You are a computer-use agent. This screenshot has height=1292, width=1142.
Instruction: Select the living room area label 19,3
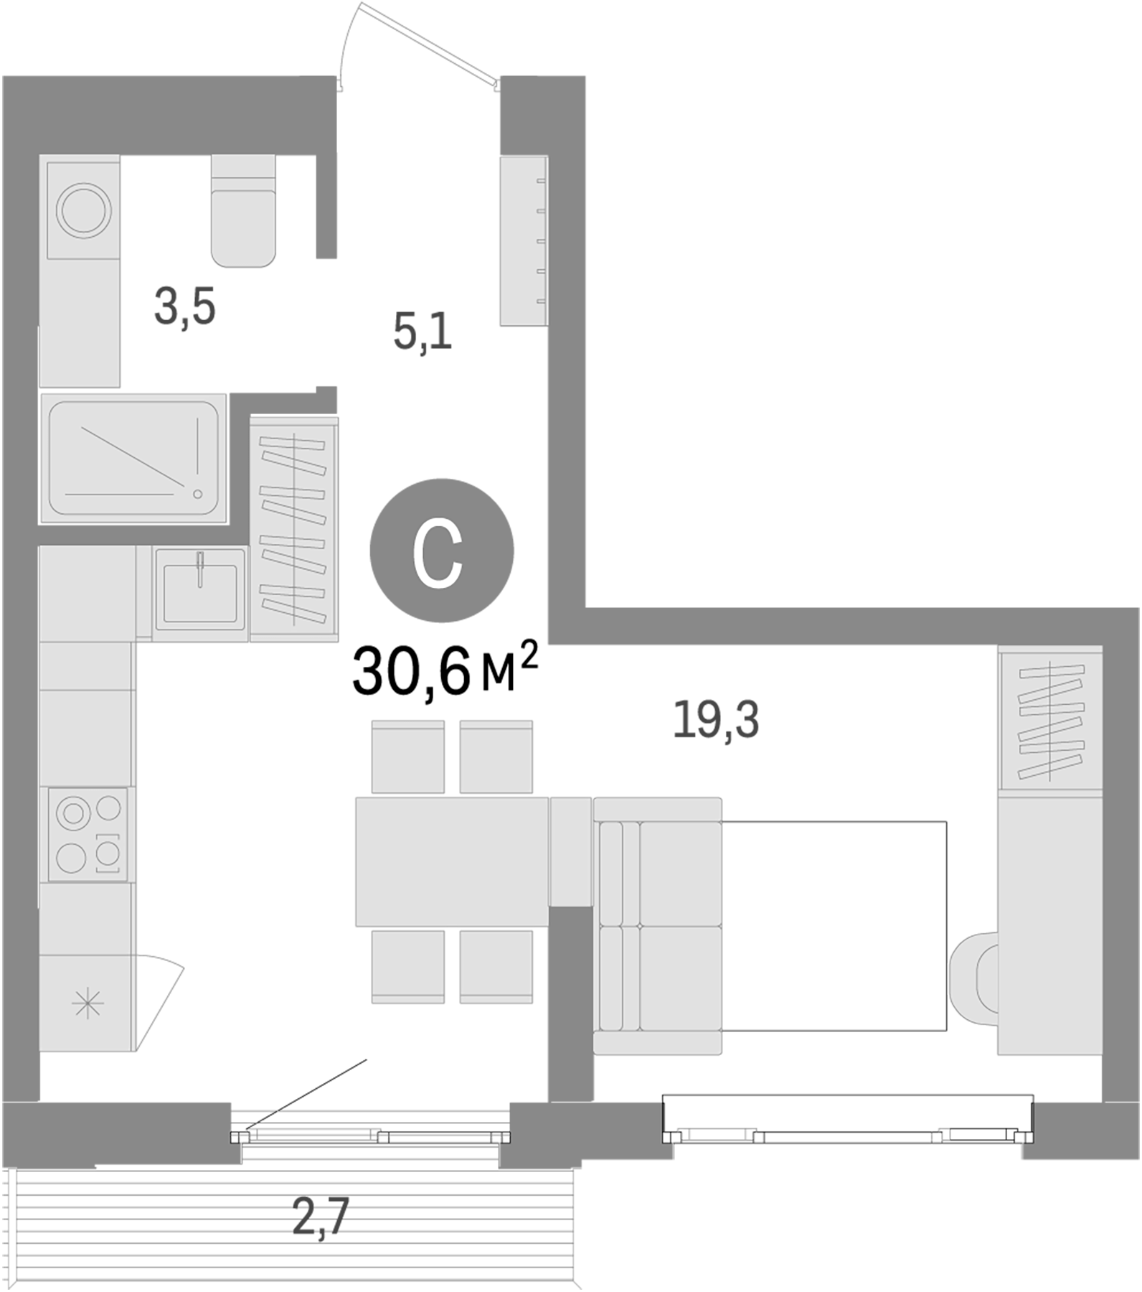point(715,720)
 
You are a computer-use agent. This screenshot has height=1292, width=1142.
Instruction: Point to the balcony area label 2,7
point(320,1218)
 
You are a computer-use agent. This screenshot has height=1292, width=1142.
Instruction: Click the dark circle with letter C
point(441,551)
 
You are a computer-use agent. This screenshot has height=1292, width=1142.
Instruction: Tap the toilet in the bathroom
point(244,212)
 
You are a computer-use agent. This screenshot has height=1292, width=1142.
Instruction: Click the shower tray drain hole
point(197,494)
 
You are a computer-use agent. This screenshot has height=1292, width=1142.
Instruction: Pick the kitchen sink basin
point(200,593)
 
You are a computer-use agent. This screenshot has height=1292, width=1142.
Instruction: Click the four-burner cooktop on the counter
point(88,834)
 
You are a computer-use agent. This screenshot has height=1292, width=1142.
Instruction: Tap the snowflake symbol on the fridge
point(88,1003)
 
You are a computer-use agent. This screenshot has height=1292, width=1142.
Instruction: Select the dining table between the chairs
point(452,861)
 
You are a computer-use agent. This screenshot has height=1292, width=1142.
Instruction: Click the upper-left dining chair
point(407,757)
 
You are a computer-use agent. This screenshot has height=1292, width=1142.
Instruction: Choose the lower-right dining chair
point(496,966)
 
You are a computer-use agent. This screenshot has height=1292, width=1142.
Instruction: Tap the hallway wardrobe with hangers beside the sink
point(294,530)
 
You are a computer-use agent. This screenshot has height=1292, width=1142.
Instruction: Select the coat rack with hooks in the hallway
point(524,240)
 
